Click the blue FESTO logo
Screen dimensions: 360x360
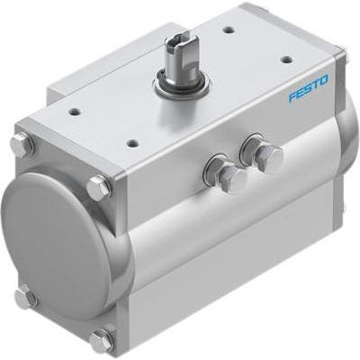pos(309,88)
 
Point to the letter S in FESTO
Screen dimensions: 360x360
pos(309,88)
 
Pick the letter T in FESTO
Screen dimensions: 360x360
pos(316,85)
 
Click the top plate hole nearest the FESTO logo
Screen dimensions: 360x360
pos(285,59)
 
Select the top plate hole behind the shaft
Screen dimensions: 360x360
pos(229,30)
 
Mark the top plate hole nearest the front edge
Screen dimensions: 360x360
pos(132,142)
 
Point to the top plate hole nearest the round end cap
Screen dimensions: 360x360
pos(75,112)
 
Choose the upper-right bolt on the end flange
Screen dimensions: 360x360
pos(98,187)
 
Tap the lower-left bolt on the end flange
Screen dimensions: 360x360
pos(25,296)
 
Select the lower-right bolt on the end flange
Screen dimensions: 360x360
pos(101,340)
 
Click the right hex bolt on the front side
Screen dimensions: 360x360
pos(269,158)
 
